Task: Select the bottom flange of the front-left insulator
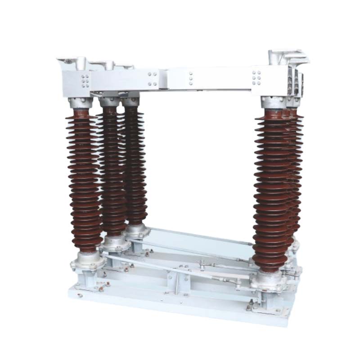(86, 261)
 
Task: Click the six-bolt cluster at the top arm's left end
(85, 81)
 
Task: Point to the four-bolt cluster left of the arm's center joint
(153, 79)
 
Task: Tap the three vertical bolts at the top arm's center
(191, 78)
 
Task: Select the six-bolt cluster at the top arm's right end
(256, 77)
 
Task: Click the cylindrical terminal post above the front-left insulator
(81, 63)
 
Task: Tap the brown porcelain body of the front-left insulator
(84, 180)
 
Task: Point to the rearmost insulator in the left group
(134, 162)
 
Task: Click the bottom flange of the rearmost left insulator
(137, 231)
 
